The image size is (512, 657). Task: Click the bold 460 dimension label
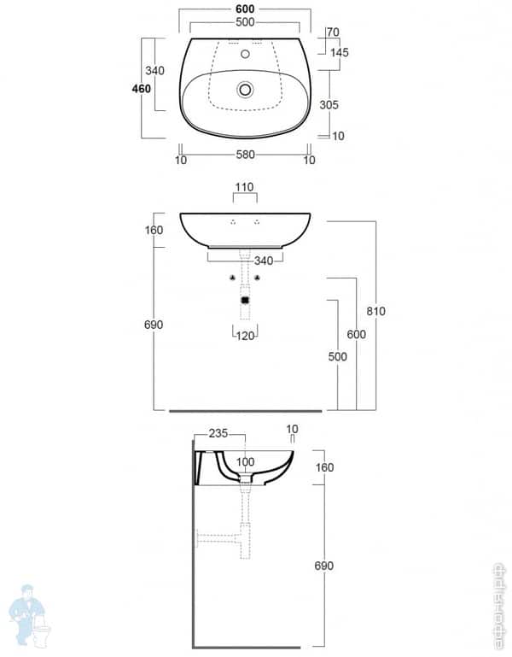tap(141, 88)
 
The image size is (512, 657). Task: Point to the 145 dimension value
tap(339, 52)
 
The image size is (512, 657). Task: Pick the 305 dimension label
tap(329, 104)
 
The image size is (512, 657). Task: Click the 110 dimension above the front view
tap(245, 186)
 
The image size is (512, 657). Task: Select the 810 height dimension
tap(375, 311)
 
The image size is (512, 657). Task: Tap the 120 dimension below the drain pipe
tap(245, 336)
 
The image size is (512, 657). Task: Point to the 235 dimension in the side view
tap(218, 433)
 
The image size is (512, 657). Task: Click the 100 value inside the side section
tap(245, 462)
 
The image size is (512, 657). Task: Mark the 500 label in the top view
tap(245, 21)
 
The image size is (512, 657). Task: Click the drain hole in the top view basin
tap(245, 88)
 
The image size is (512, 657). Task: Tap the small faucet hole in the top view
tap(245, 54)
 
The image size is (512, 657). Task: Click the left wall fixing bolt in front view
tap(231, 278)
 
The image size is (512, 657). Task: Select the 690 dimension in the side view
tap(324, 566)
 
